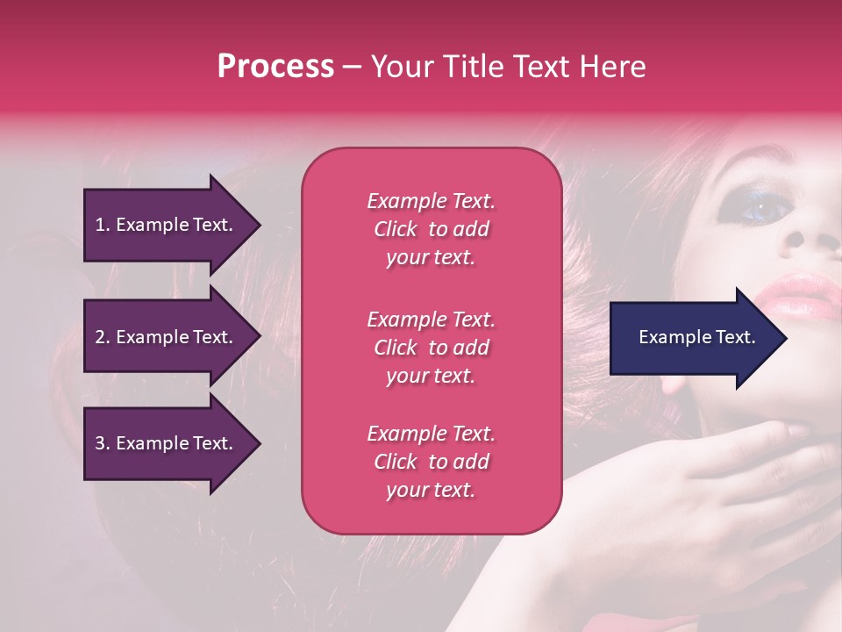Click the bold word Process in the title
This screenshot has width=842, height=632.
pos(275,67)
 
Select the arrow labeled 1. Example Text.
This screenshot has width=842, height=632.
pos(167,225)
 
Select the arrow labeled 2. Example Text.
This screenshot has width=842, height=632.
pos(167,337)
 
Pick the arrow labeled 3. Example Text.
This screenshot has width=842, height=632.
pos(167,443)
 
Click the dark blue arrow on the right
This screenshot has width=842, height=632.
pos(693,338)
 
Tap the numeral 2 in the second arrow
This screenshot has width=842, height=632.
pos(99,337)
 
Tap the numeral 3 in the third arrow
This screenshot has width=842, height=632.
pos(99,443)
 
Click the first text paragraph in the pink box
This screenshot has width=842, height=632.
pos(431,229)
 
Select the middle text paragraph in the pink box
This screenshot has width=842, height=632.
pos(431,348)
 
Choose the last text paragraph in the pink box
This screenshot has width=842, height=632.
pos(431,462)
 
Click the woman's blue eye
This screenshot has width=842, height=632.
pos(756,207)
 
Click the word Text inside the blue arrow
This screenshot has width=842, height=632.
pos(736,337)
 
